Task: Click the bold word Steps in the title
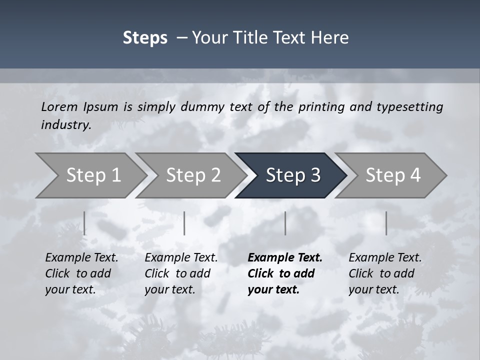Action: click(145, 38)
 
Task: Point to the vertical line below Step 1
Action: click(84, 223)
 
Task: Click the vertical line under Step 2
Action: click(184, 223)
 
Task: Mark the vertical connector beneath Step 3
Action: click(285, 223)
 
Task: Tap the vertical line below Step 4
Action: click(386, 223)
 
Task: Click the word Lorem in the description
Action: click(59, 106)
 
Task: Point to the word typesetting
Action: click(409, 106)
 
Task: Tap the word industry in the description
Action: click(65, 124)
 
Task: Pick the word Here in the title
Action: click(331, 38)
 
